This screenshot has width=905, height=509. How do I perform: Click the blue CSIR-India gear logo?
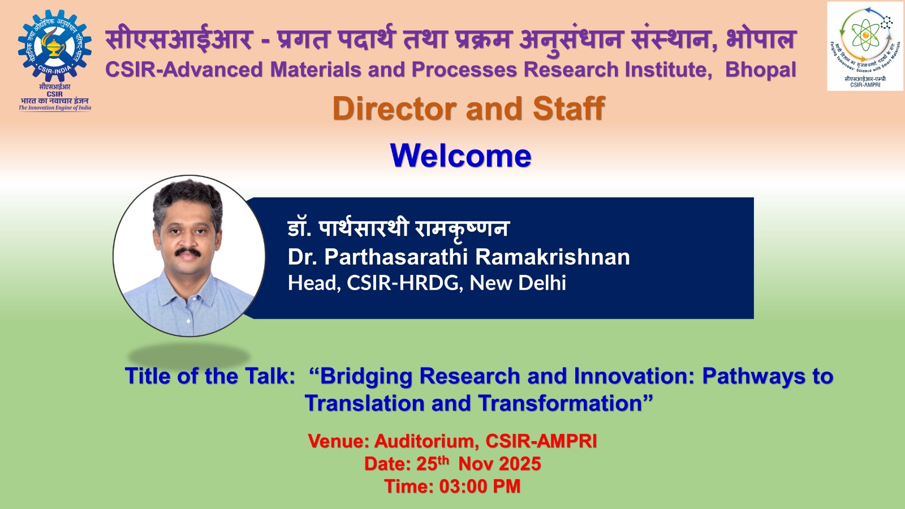(54, 45)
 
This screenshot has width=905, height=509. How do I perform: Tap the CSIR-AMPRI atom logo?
(865, 39)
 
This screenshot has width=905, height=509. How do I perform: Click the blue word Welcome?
(460, 156)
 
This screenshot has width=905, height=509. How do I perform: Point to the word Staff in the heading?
(569, 108)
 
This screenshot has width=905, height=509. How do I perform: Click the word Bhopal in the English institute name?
(760, 70)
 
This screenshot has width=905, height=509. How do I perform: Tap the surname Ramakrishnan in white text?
(552, 257)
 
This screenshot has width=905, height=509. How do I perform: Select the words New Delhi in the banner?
(518, 283)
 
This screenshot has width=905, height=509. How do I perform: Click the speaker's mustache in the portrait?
(188, 252)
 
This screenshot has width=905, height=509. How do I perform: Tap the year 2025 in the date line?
(520, 464)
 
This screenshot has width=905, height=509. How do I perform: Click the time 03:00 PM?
(480, 486)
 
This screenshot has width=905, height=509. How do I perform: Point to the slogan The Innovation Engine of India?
(54, 108)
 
